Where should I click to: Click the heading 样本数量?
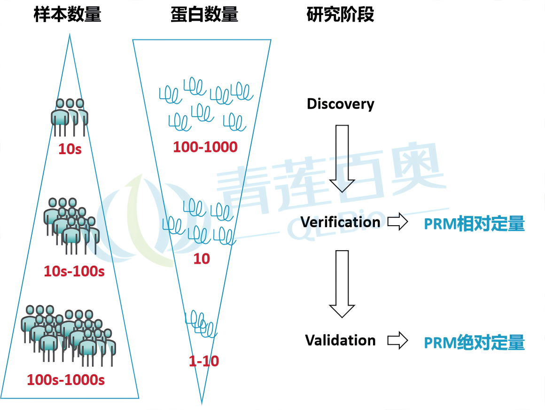click(x=68, y=15)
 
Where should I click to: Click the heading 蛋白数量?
click(x=204, y=15)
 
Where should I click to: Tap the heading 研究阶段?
click(x=340, y=15)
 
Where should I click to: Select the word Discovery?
click(x=340, y=104)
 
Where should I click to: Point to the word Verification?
click(x=340, y=222)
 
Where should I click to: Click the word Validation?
click(x=340, y=340)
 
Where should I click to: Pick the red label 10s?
click(x=70, y=150)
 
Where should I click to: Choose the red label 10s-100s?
click(x=74, y=271)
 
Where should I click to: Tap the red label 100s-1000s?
click(x=66, y=379)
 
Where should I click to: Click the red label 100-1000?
click(x=205, y=147)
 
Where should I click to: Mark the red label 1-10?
click(x=204, y=361)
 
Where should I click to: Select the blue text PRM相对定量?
click(x=474, y=224)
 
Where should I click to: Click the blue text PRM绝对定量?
click(x=474, y=343)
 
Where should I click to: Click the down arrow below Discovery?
click(x=342, y=158)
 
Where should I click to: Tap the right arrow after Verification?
click(x=397, y=222)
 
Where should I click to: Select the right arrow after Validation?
click(x=397, y=341)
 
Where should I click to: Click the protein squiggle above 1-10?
click(x=201, y=323)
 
